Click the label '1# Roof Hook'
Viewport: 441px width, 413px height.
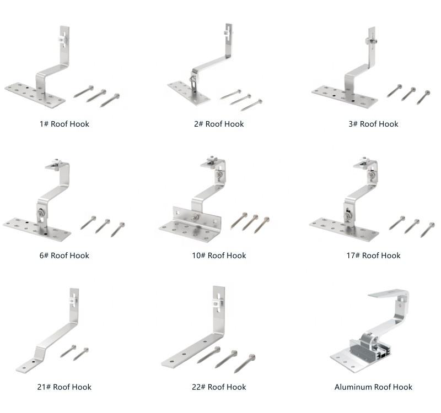(64, 124)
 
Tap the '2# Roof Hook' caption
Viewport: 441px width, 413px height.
(219, 124)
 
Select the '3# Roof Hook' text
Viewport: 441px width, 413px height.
(373, 124)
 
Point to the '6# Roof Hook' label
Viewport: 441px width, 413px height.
(64, 256)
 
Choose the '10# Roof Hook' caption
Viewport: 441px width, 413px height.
(219, 256)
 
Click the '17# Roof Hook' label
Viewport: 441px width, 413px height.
(373, 256)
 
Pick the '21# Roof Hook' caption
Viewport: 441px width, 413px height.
(64, 387)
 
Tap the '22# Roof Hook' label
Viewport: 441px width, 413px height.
(219, 387)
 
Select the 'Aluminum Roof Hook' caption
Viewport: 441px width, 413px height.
(373, 387)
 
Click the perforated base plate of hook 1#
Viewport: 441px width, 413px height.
(33, 94)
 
